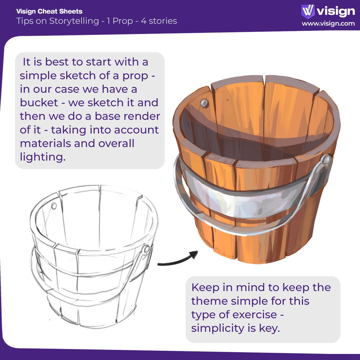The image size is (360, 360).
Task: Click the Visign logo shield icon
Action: click(308, 11)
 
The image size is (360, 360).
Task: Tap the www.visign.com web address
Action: click(328, 24)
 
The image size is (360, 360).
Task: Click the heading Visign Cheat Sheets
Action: click(49, 12)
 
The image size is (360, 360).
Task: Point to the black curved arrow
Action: click(178, 260)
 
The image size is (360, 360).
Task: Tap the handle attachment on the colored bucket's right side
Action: click(326, 160)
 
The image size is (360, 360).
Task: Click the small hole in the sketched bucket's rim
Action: click(54, 206)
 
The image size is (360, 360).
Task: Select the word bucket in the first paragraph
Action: click(39, 103)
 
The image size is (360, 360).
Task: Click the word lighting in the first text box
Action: click(42, 157)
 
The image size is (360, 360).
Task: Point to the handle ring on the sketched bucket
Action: click(146, 249)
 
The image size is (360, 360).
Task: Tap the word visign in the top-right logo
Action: click(336, 11)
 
